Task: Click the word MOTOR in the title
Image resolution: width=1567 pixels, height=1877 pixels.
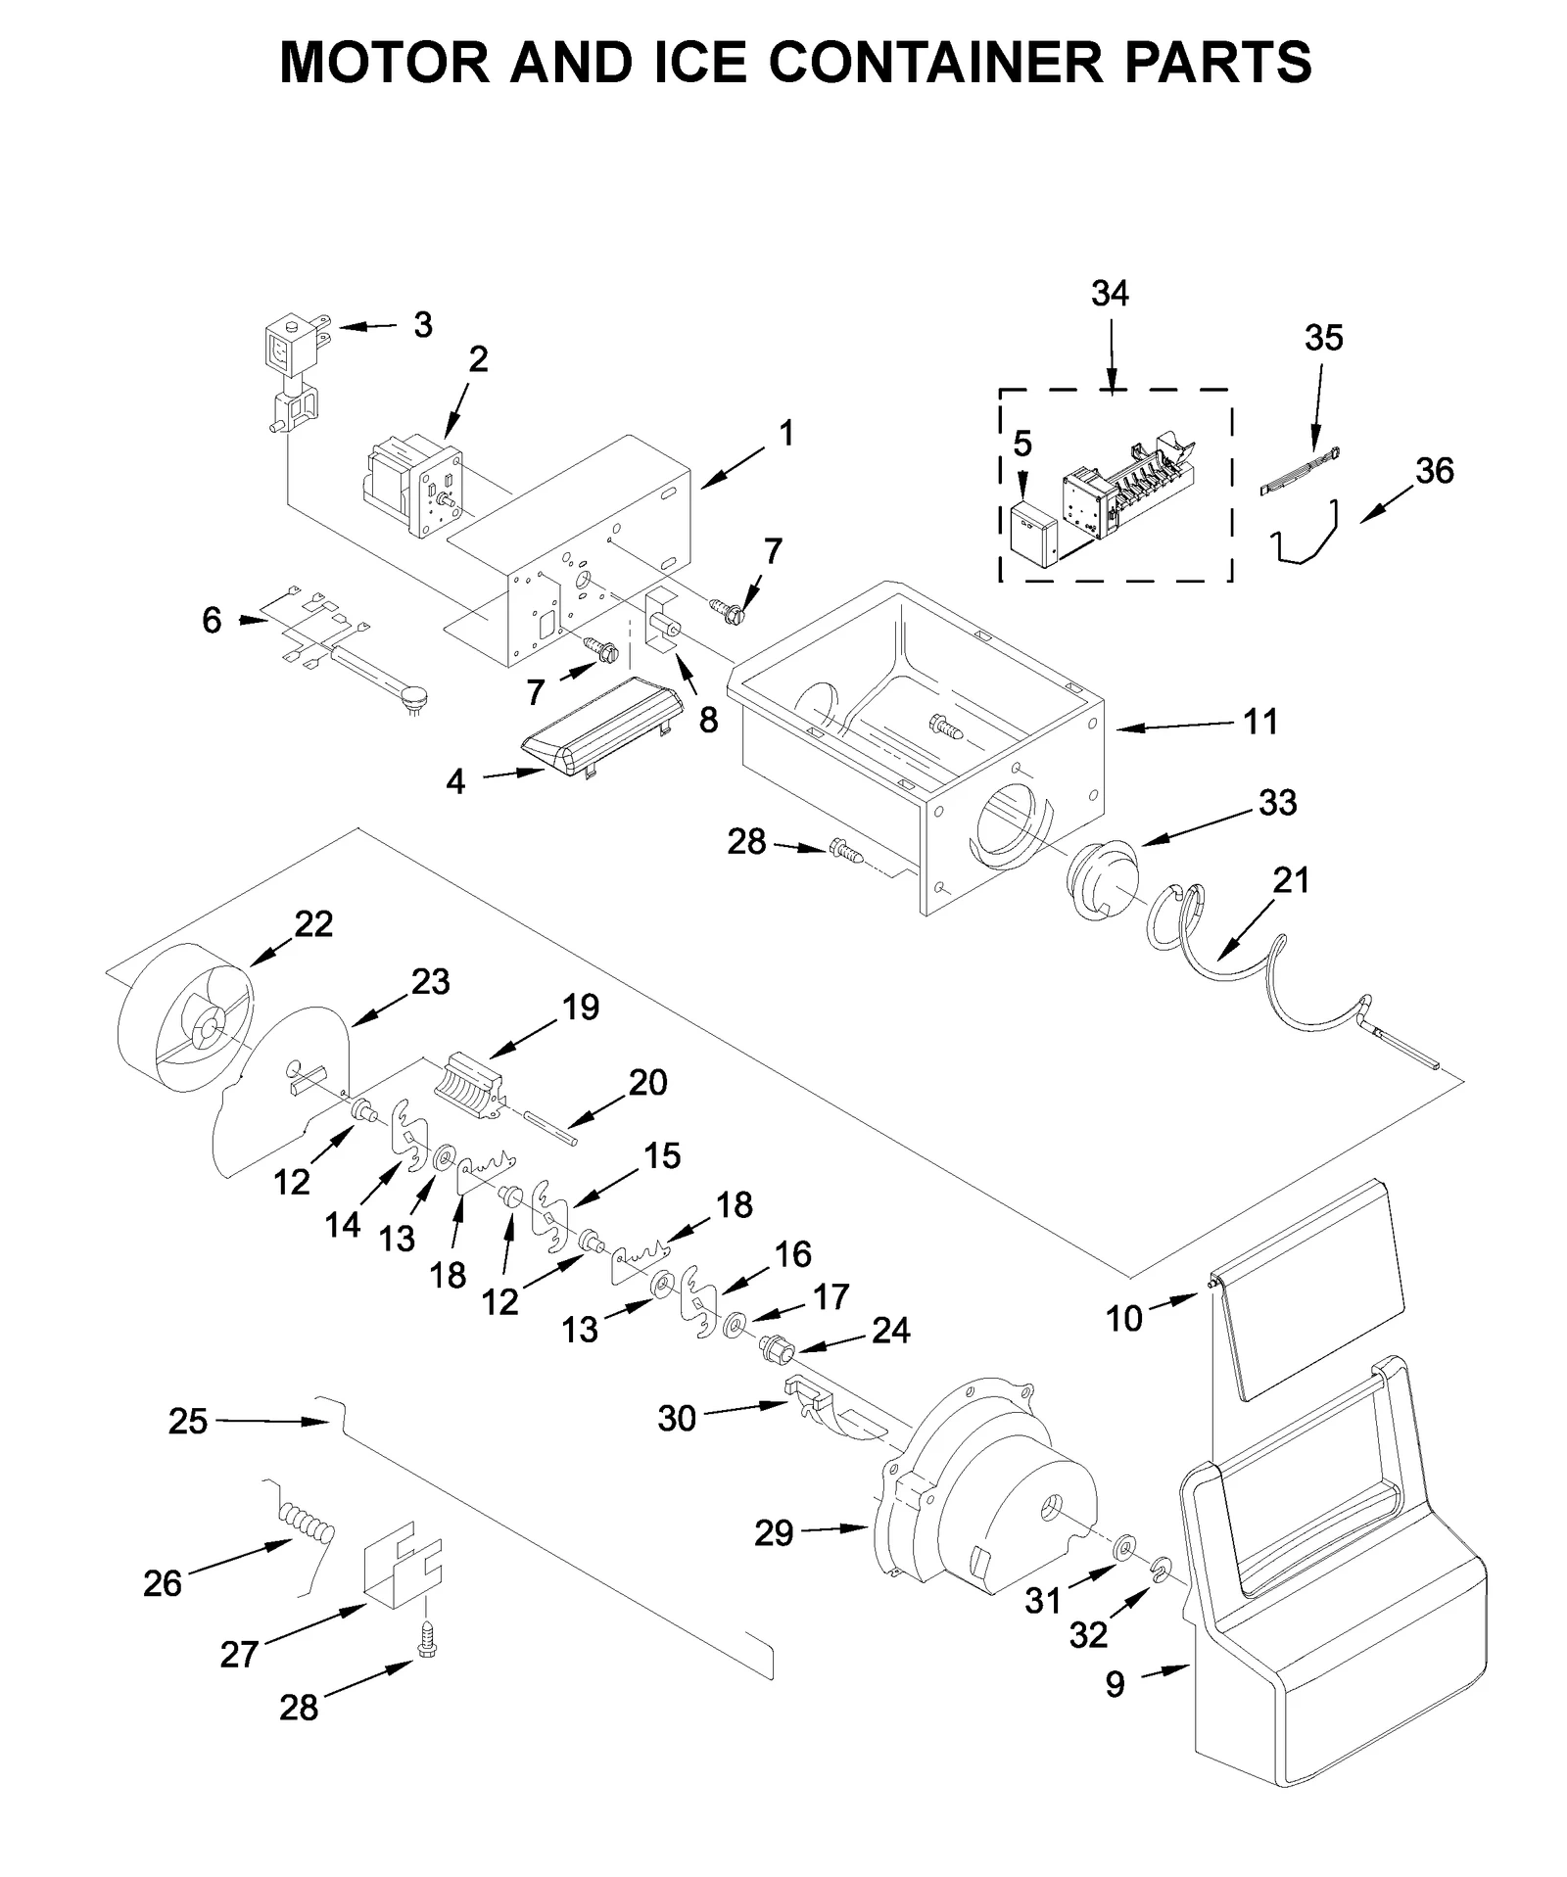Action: (x=385, y=63)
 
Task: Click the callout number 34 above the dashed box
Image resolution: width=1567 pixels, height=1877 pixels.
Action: (x=1109, y=294)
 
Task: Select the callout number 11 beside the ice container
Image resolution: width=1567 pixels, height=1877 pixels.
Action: (x=1260, y=723)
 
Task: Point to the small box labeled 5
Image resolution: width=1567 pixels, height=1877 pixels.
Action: (x=1032, y=535)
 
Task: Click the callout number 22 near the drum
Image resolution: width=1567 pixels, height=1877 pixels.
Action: (x=313, y=924)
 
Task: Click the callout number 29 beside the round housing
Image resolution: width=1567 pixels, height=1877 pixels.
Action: (x=773, y=1532)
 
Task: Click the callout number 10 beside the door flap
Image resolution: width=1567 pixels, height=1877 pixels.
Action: (x=1123, y=1319)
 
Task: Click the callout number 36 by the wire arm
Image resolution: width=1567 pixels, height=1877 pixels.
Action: (x=1434, y=471)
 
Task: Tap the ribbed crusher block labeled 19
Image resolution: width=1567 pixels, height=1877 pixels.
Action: (x=473, y=1084)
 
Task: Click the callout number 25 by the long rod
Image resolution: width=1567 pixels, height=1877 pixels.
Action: (x=187, y=1421)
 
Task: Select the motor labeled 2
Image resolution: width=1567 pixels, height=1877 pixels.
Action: (x=411, y=487)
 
